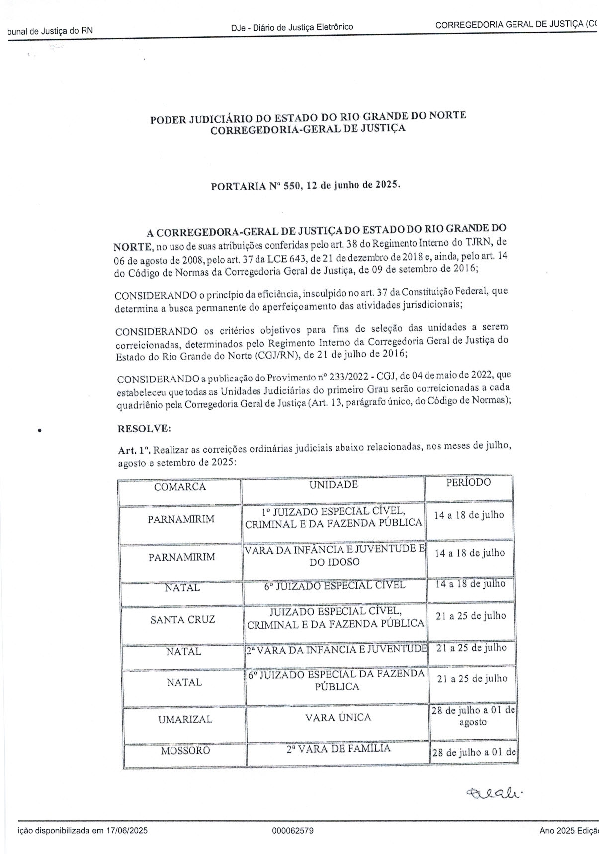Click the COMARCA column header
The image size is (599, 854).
(x=179, y=487)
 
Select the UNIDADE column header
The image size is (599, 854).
(x=333, y=485)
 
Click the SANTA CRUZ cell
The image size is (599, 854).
(x=182, y=620)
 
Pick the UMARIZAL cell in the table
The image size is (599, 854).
(x=184, y=719)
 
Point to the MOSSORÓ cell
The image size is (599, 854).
(x=185, y=751)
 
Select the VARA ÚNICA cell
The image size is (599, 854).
(x=338, y=717)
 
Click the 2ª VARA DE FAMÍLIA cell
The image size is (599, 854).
(x=338, y=749)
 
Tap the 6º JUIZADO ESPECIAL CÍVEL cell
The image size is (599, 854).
(x=335, y=585)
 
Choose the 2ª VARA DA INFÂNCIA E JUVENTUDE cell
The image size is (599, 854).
(x=337, y=649)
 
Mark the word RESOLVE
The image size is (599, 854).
(x=144, y=428)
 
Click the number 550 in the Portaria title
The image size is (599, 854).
(x=291, y=186)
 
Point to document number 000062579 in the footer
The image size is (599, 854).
(x=293, y=831)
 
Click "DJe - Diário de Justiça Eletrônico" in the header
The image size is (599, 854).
(x=292, y=27)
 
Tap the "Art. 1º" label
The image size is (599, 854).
(x=134, y=450)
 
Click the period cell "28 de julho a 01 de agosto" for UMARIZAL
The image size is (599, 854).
(x=473, y=716)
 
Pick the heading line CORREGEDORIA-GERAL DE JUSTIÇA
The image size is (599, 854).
(x=308, y=129)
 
